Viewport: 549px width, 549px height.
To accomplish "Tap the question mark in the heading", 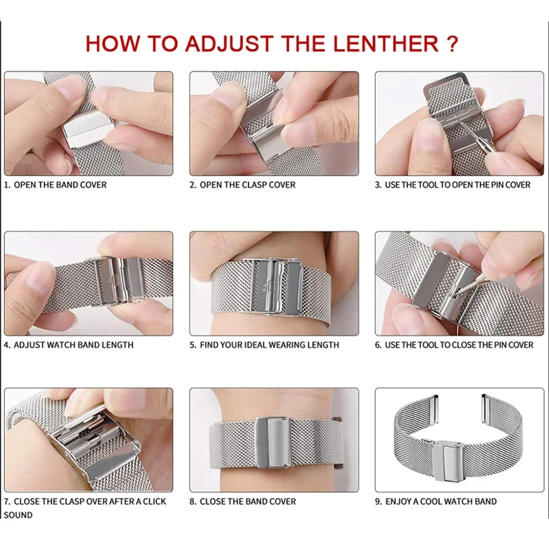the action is [x=453, y=43].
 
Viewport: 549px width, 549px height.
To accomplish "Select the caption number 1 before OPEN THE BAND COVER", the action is [x=7, y=185].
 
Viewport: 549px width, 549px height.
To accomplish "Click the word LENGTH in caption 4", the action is [x=116, y=345].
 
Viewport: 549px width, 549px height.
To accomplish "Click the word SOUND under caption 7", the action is [x=18, y=515].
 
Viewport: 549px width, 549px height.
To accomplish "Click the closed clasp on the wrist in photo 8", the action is [x=273, y=436].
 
